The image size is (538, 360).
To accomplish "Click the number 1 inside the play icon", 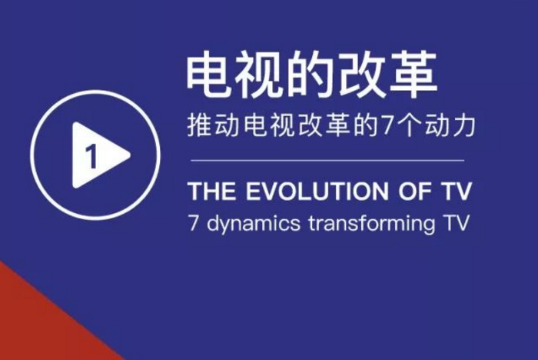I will click(91, 156).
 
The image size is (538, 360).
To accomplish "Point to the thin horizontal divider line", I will click(327, 160).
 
